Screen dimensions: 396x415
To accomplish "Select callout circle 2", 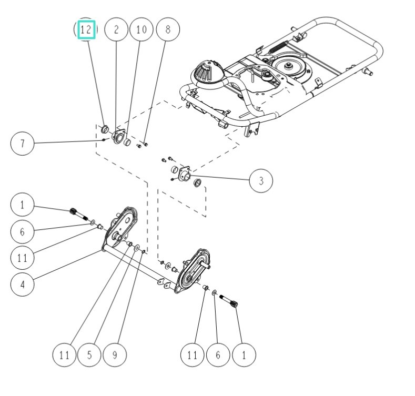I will point(116,30).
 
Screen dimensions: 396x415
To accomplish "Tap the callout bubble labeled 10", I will point(141,30).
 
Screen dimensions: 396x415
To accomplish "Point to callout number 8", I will point(168,30).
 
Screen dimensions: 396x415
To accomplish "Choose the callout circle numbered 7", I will point(22,143).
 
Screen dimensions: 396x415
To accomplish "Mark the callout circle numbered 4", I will point(22,285).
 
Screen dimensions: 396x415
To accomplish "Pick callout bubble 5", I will point(89,355).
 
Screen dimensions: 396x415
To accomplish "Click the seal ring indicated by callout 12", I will point(105,129).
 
